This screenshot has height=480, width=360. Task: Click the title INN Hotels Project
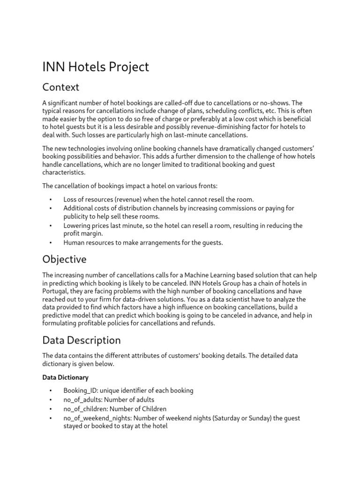point(96,67)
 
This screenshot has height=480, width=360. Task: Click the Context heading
point(60,88)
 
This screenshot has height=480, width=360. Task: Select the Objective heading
point(64,259)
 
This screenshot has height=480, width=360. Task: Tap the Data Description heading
point(81,340)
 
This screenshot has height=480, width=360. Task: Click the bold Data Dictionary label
point(65,377)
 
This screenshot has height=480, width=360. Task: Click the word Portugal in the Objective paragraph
point(56,291)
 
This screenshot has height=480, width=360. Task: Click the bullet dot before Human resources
point(50,243)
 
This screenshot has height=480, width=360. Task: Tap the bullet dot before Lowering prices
point(50,225)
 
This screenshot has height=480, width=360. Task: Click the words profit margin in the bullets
point(83,233)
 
